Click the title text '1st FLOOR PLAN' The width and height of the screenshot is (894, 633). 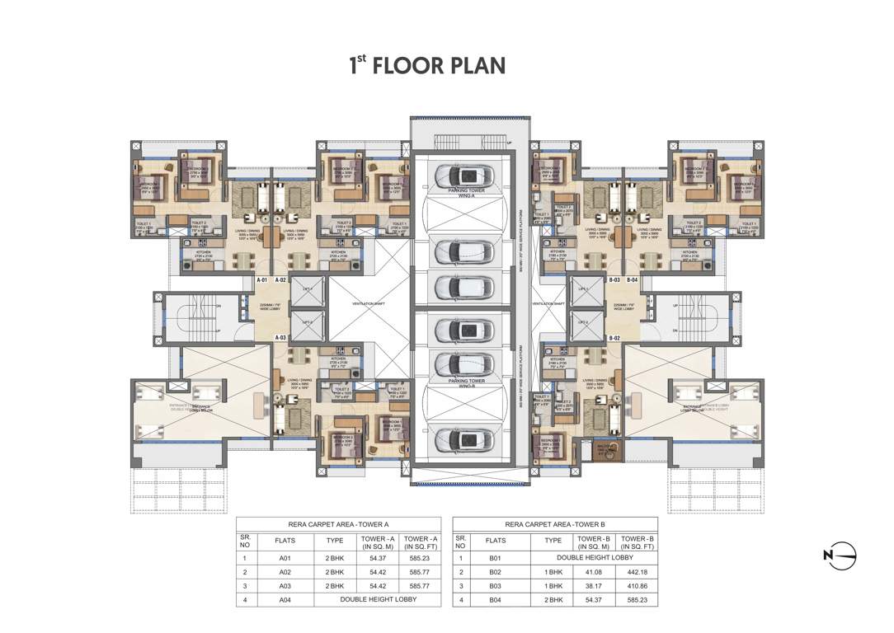[x=426, y=65]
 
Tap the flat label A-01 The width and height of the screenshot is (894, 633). [x=263, y=280]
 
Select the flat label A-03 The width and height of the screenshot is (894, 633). [x=281, y=338]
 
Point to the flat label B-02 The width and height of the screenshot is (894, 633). [x=614, y=339]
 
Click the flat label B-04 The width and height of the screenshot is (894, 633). [x=632, y=280]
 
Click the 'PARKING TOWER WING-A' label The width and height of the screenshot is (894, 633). [x=467, y=192]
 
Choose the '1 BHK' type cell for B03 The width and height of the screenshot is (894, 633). [x=553, y=585]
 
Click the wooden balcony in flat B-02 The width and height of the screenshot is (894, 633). [x=612, y=450]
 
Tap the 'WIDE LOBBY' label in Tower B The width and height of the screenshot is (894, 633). [x=623, y=307]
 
